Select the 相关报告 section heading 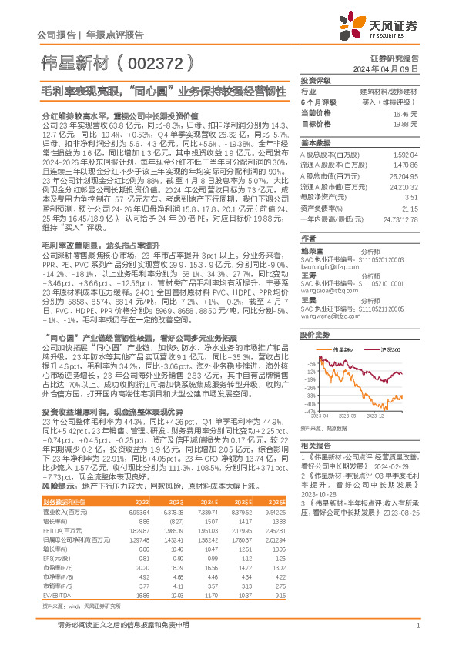point(316,446)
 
